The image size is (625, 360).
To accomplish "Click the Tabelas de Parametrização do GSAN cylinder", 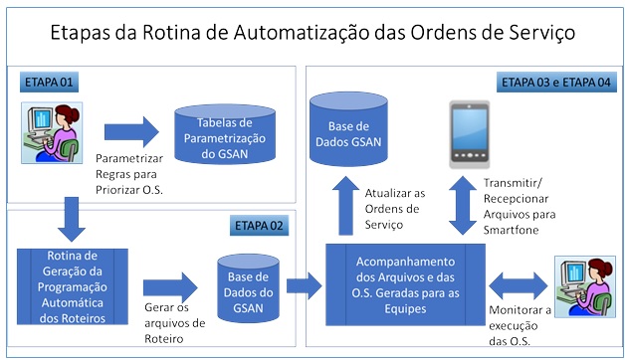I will coord(225,133).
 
